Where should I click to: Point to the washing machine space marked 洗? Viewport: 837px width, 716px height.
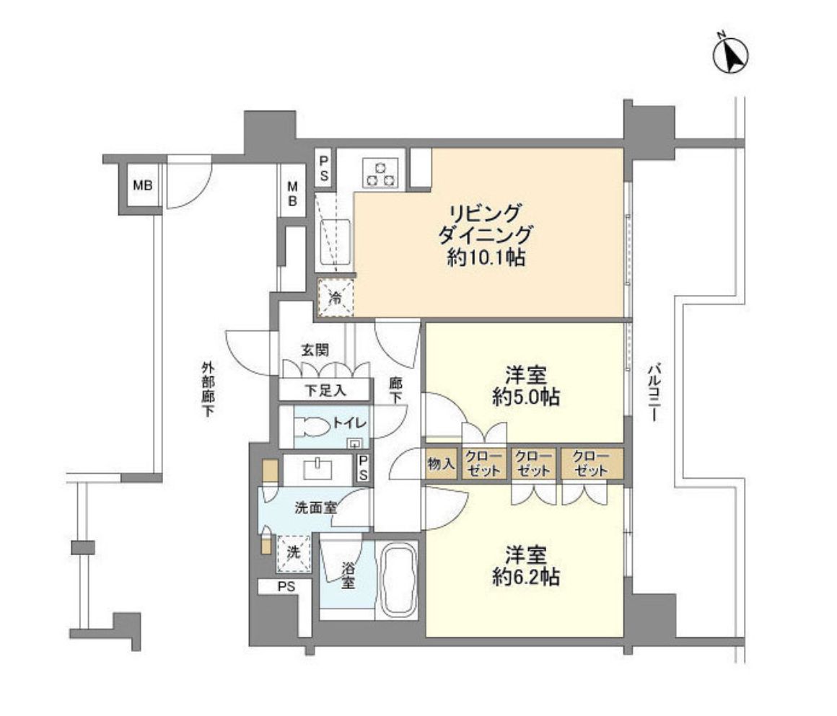tap(294, 553)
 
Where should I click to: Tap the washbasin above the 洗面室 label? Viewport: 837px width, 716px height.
tap(318, 470)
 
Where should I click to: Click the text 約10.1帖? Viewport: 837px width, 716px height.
tap(485, 258)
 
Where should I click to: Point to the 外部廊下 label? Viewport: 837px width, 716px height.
tap(208, 389)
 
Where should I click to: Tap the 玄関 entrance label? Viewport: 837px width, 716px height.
tap(315, 350)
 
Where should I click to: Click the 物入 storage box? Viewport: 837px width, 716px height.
tap(441, 464)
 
